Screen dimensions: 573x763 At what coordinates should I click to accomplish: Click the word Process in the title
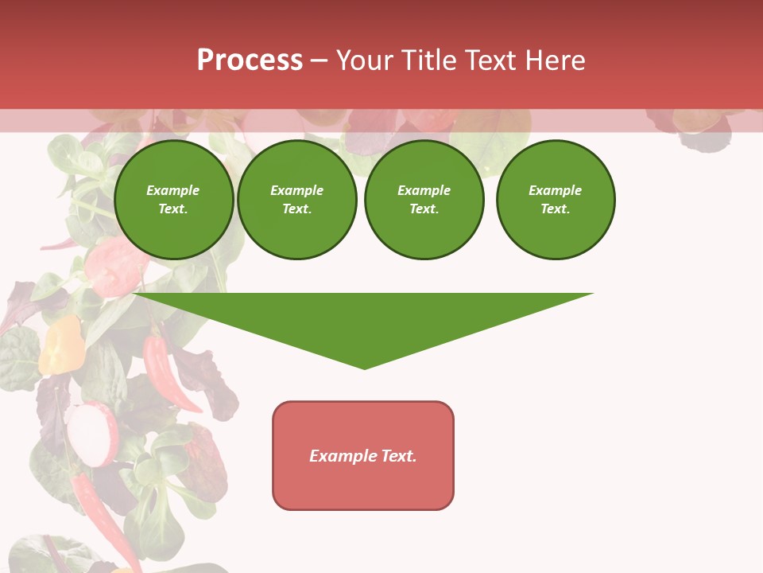point(250,60)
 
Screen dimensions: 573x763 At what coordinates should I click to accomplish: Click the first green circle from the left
point(173,200)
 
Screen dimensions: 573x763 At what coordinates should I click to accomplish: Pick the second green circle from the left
point(297,200)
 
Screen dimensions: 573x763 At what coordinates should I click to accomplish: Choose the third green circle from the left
point(424,200)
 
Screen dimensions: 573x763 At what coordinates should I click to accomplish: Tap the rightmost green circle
point(556,200)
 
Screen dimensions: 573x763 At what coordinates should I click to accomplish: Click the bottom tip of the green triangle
point(365,368)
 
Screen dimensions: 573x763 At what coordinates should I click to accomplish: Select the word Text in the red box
point(399,456)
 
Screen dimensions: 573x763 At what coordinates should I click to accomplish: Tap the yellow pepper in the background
point(60,345)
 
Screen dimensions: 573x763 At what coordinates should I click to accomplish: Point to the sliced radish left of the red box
point(91,434)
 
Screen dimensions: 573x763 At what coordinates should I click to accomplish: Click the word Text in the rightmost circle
point(556,209)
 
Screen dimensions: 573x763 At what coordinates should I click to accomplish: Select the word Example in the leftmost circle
point(173,190)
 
